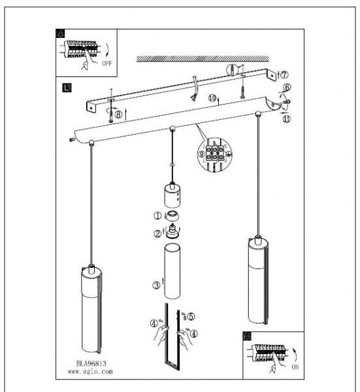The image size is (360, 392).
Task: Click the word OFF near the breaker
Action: coord(106,63)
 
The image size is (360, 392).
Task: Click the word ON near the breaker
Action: coord(295,367)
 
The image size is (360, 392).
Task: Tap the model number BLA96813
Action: coord(91,363)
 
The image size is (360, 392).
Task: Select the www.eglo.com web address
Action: coord(90,372)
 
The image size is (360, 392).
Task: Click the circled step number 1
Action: coord(157,216)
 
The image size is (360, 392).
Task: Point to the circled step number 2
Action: coord(157,234)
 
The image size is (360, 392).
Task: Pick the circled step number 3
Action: coord(157,285)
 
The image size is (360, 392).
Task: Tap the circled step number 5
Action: coord(191,316)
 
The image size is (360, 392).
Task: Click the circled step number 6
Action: coord(287,88)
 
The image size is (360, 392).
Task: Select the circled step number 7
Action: coord(284,74)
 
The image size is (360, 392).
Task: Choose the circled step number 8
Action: coord(118,114)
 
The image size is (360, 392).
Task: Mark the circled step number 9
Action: coord(201,154)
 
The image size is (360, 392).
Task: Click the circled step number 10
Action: coord(212,98)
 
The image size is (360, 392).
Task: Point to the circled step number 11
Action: coord(287,119)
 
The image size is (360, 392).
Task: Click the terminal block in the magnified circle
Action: coord(214,153)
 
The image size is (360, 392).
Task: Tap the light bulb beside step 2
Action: coord(171,231)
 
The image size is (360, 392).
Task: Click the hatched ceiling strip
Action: coord(203,59)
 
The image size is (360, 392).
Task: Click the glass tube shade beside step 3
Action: coord(172,271)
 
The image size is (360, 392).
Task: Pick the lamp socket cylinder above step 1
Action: coord(172,195)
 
